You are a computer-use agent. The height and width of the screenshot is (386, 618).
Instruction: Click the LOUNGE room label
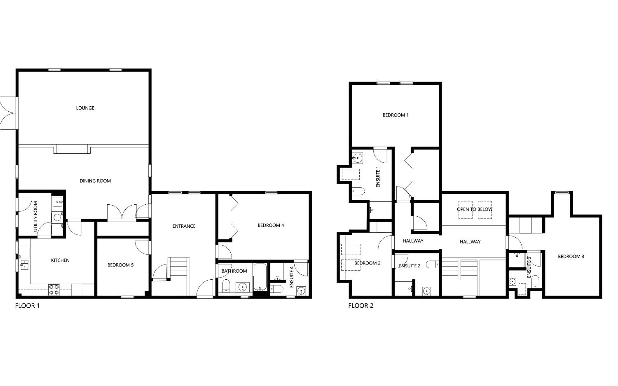click(x=85, y=108)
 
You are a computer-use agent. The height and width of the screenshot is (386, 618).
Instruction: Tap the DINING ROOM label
click(x=95, y=181)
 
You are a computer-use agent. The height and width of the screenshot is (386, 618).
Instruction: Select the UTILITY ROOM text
click(x=35, y=216)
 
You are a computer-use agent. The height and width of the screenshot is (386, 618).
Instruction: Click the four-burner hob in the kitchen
click(x=54, y=289)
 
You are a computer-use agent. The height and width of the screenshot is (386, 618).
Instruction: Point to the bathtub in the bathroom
click(x=260, y=277)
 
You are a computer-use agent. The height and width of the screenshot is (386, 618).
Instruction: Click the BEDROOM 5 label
click(x=120, y=265)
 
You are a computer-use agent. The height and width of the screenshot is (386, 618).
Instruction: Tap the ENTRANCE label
click(x=184, y=226)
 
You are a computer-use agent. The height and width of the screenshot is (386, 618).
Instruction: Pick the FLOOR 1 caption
click(x=28, y=306)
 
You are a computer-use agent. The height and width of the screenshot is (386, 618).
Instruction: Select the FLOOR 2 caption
click(x=361, y=306)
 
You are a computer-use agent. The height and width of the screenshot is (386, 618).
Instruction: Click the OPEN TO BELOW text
click(x=474, y=209)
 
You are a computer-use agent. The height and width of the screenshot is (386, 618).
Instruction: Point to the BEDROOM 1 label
click(x=395, y=115)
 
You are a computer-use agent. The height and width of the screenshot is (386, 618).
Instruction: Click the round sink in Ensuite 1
click(x=358, y=158)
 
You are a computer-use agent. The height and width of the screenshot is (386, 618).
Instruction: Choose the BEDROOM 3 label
click(x=571, y=257)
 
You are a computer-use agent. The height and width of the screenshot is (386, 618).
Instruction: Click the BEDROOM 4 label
click(x=271, y=225)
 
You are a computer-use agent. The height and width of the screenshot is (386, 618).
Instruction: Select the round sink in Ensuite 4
click(x=301, y=291)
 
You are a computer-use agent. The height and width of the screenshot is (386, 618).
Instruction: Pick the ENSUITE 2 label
click(x=410, y=266)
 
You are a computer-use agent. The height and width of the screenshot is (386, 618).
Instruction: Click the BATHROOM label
click(x=234, y=271)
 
